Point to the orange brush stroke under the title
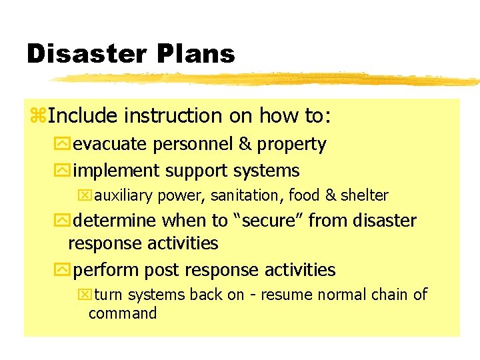267,79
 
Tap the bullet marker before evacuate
65,145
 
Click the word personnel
198,145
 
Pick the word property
291,145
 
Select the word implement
116,171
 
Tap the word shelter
364,195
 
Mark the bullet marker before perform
65,271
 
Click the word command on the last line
123,313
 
